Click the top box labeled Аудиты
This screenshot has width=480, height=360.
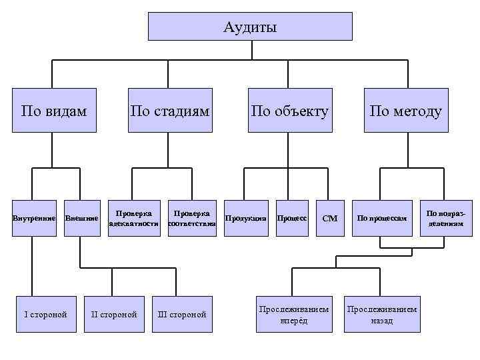249,27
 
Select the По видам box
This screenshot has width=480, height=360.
54,110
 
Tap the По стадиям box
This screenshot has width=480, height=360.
170,110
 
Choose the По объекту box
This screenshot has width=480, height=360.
289,110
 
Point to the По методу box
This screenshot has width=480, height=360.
406,110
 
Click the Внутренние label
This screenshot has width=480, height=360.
31,218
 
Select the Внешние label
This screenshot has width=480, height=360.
81,218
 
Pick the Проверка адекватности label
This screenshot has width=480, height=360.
134,218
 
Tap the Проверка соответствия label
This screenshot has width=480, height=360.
192,218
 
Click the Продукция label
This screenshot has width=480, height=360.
246,218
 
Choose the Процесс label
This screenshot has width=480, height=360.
291,218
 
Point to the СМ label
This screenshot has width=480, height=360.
330,218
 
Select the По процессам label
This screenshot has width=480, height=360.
381,218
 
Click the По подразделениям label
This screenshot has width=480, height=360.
445,218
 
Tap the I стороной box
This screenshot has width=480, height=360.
45,314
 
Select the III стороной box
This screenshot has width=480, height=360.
181,314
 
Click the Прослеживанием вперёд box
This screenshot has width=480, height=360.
293,314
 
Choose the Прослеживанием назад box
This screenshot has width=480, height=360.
382,314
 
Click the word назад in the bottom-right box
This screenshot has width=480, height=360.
382,321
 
